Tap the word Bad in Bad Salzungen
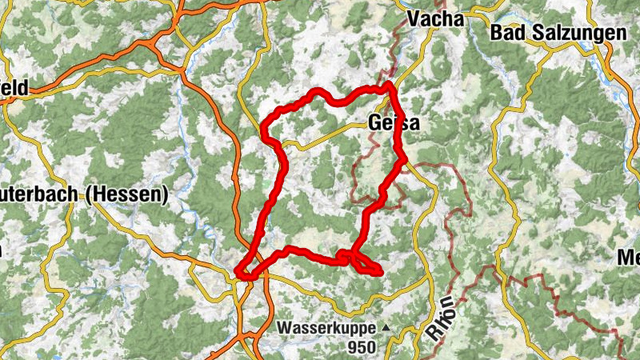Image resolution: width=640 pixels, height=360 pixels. pyautogui.click(x=509, y=34)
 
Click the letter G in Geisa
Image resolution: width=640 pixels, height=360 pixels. pyautogui.click(x=375, y=123)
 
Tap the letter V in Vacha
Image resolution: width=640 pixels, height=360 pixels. pyautogui.click(x=414, y=18)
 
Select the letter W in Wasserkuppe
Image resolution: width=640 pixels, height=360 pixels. pyautogui.click(x=286, y=327)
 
